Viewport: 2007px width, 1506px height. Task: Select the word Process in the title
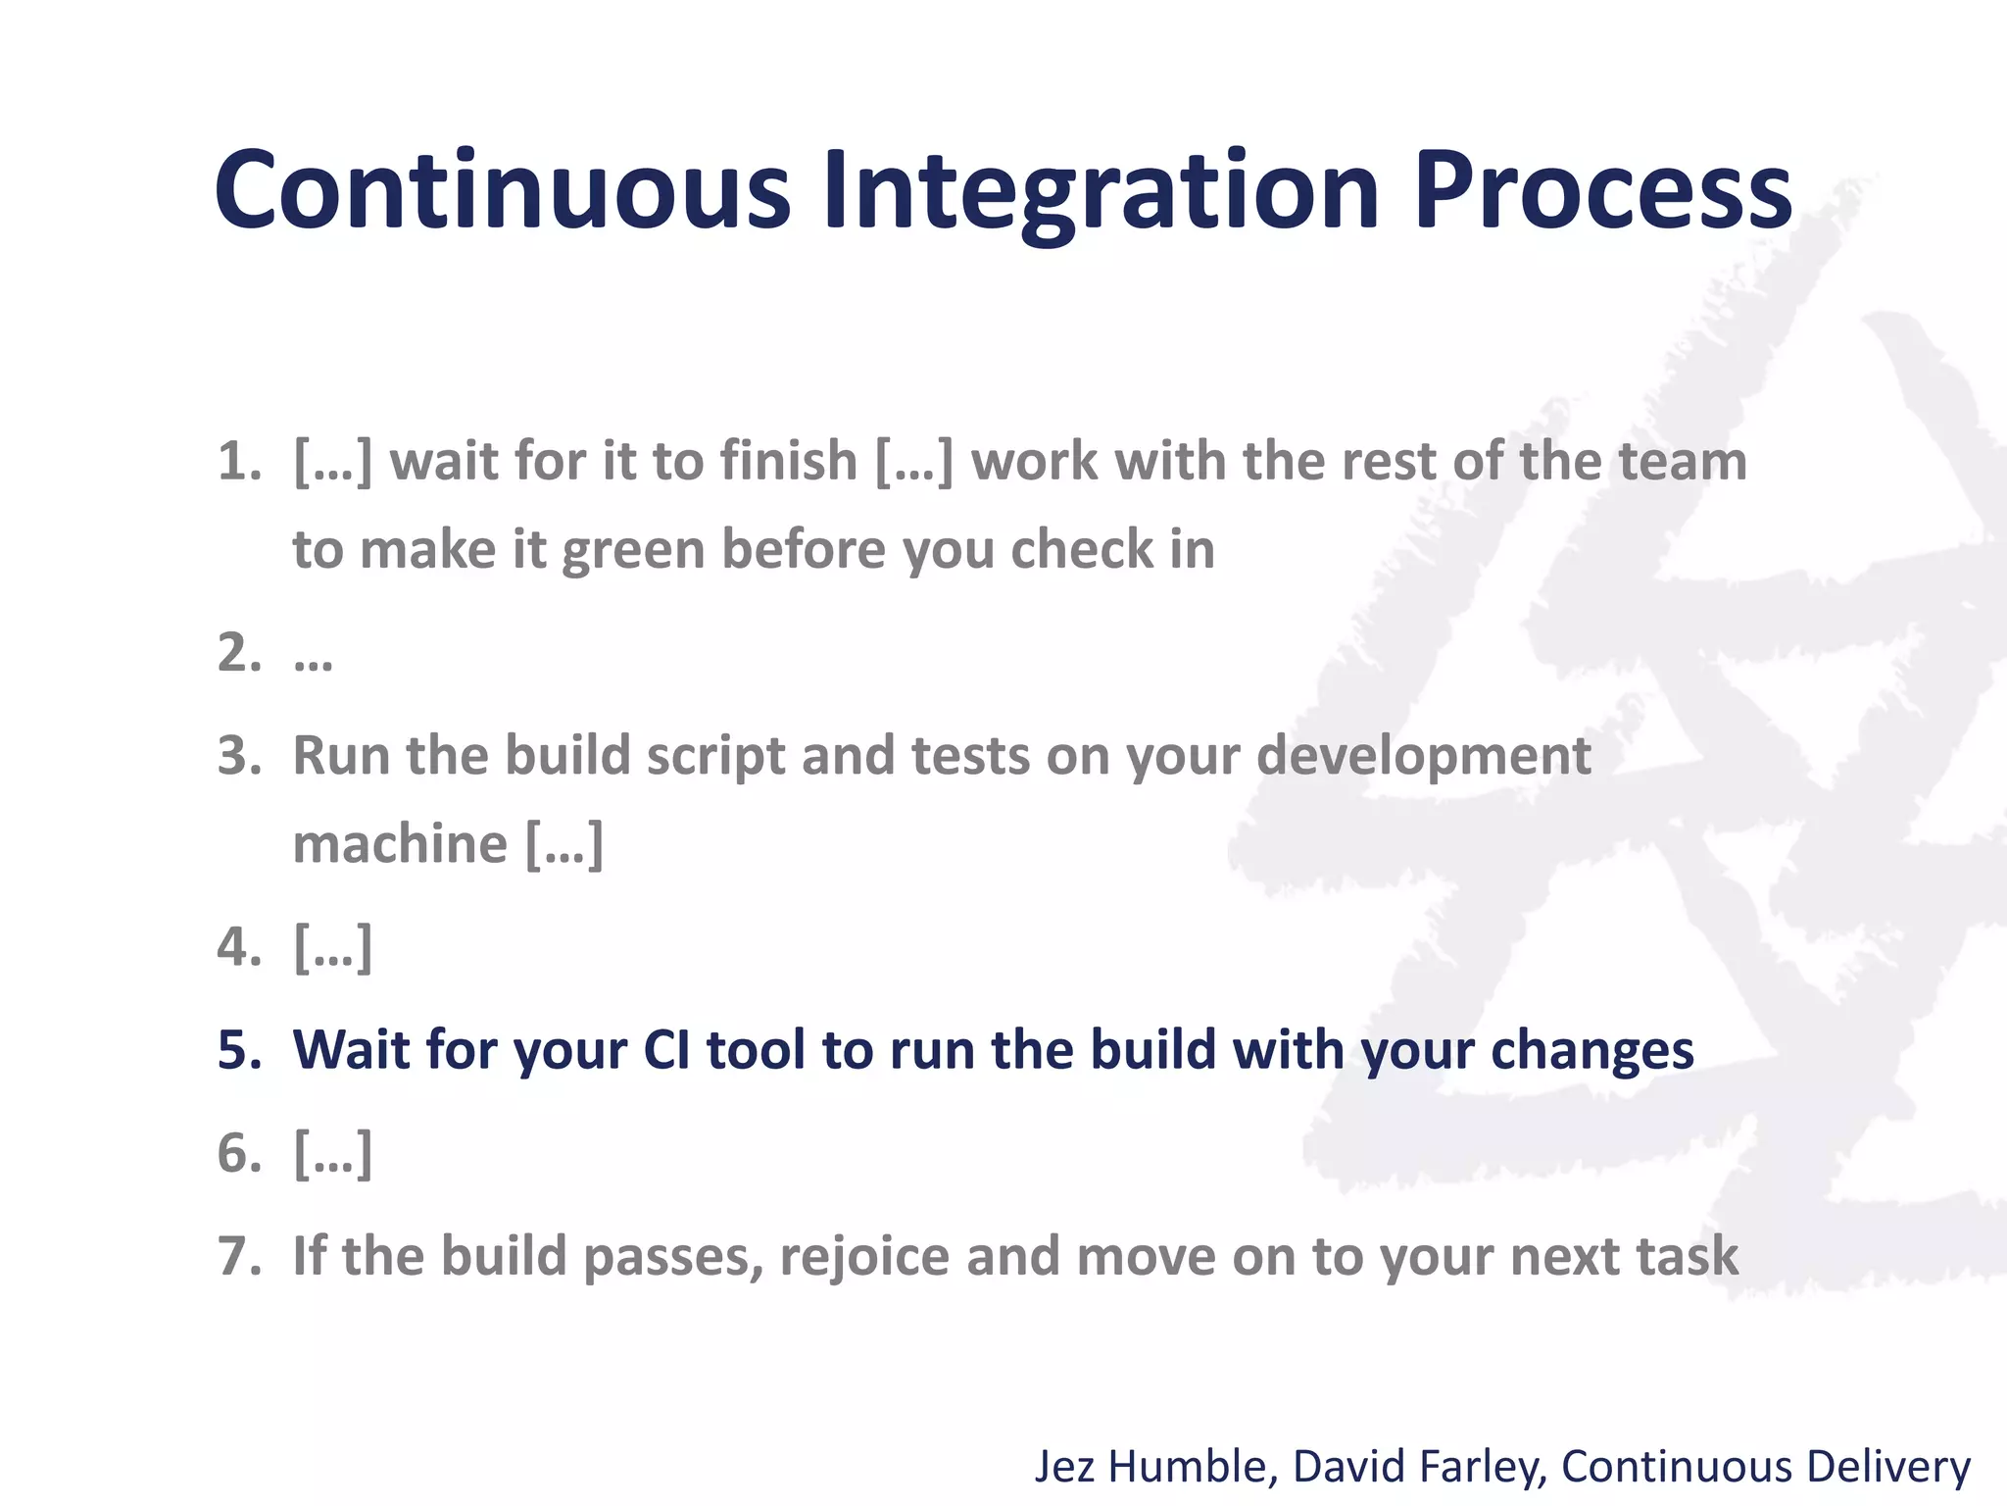pyautogui.click(x=1602, y=191)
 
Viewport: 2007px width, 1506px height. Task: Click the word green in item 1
pyautogui.click(x=633, y=551)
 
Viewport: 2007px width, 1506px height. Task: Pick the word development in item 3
pyautogui.click(x=1424, y=758)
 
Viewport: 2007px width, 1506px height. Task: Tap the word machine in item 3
pyautogui.click(x=400, y=844)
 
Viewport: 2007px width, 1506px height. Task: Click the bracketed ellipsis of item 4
pyautogui.click(x=333, y=948)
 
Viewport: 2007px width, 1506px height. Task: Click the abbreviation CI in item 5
pyautogui.click(x=666, y=1050)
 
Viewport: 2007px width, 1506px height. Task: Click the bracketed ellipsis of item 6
pyautogui.click(x=333, y=1154)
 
